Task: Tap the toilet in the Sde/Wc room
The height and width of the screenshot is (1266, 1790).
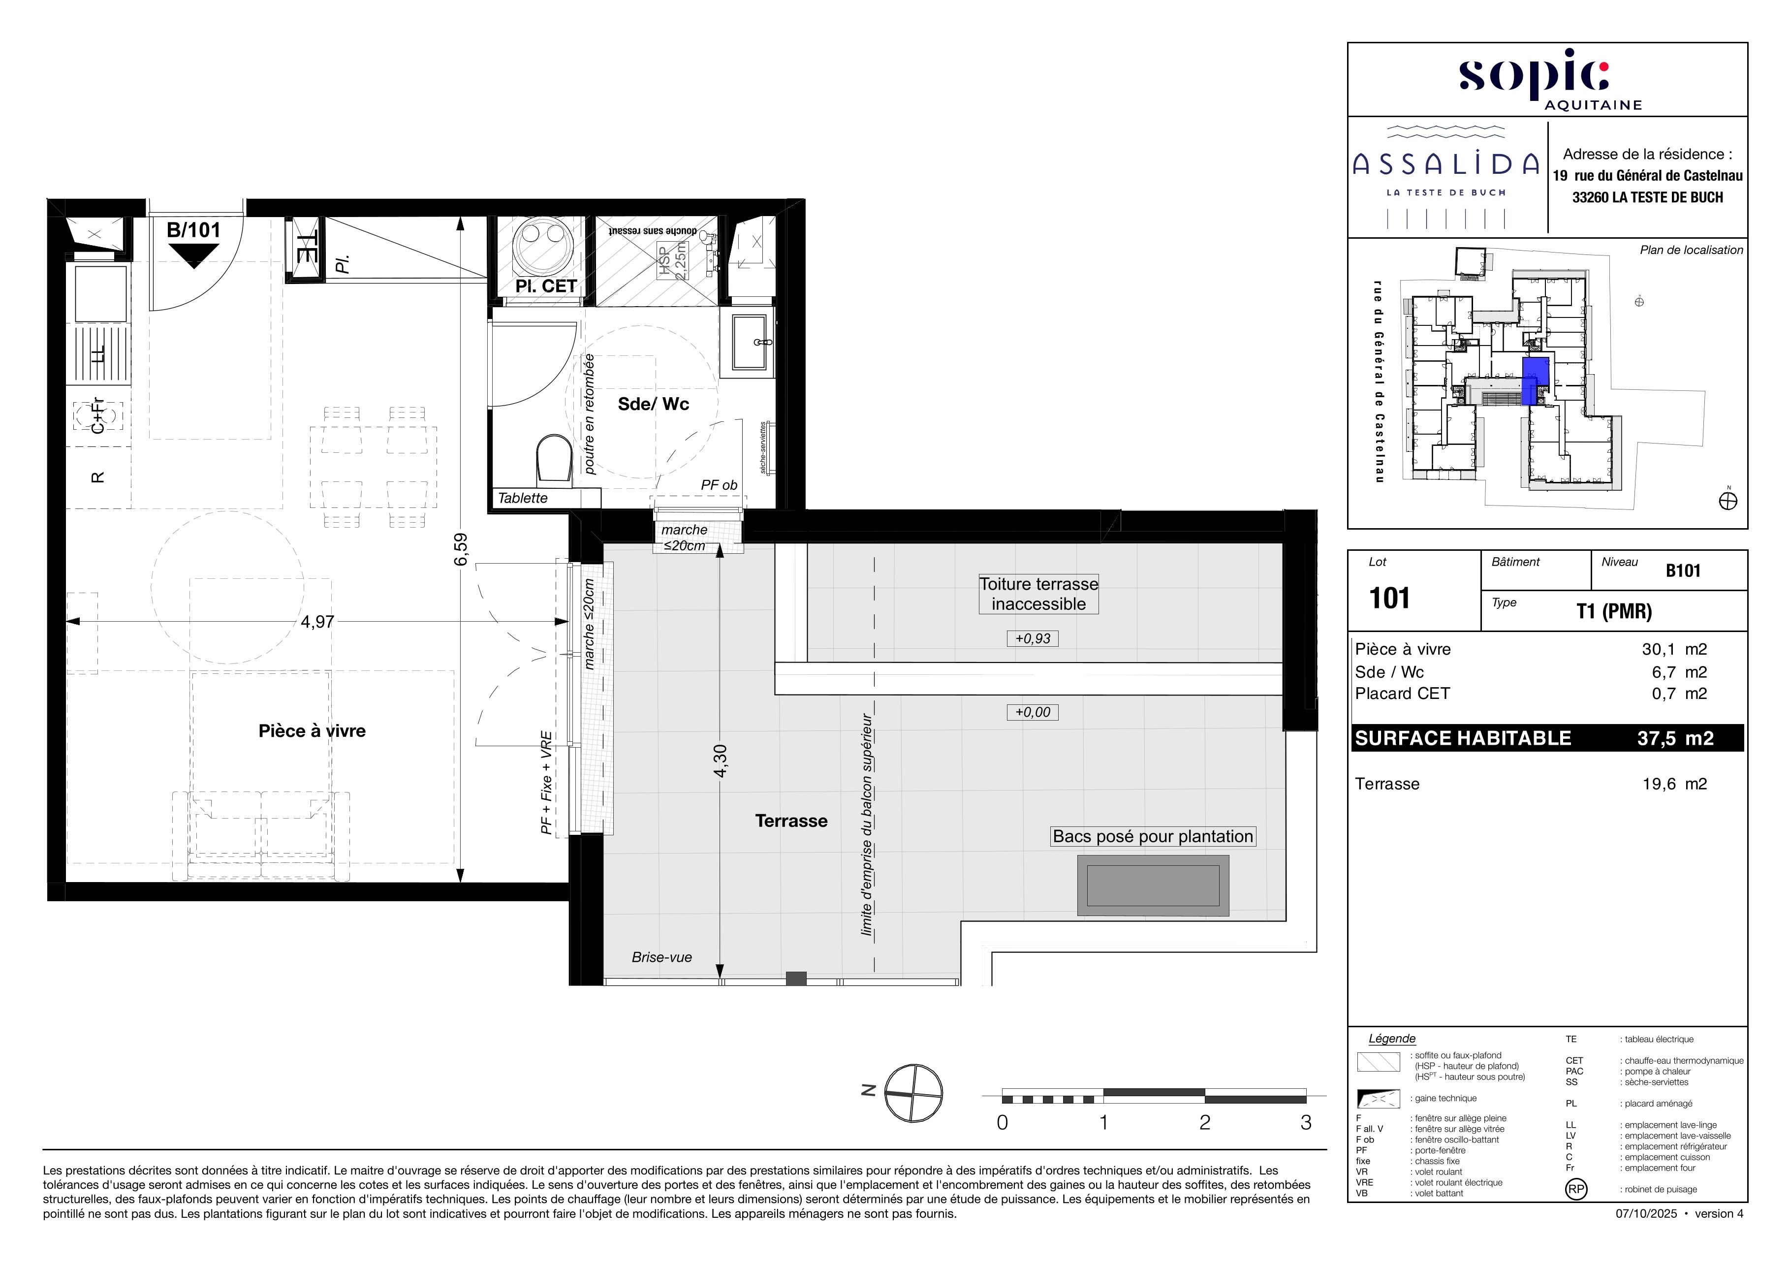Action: tap(554, 460)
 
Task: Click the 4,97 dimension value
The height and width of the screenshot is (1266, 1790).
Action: tap(317, 621)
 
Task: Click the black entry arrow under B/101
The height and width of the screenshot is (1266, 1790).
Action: tap(194, 255)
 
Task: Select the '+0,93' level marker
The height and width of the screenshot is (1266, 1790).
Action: tap(1033, 638)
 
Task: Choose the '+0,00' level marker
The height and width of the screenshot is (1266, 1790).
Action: tap(1033, 712)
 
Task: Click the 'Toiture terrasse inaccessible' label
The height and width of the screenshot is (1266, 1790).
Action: tap(1038, 594)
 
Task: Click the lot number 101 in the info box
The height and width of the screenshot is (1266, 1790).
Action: tap(1389, 598)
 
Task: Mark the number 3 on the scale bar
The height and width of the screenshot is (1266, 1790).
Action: tap(1306, 1123)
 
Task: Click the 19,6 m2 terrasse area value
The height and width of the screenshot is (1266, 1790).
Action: tap(1675, 784)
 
